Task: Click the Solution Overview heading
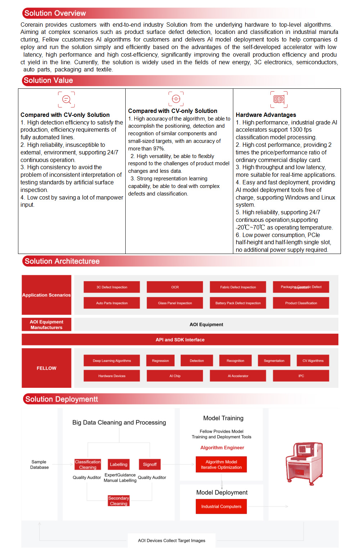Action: click(x=55, y=13)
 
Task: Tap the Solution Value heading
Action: click(x=48, y=80)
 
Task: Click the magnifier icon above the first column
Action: click(x=67, y=99)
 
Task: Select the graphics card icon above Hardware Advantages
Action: click(x=279, y=99)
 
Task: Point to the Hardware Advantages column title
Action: click(x=266, y=115)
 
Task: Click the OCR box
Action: click(x=175, y=287)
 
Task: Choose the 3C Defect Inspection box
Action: click(x=112, y=287)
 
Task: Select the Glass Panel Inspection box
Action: click(x=175, y=303)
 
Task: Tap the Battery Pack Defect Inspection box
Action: click(x=238, y=303)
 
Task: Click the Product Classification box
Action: click(x=301, y=303)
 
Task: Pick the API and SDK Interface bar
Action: click(x=180, y=339)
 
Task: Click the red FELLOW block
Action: click(x=46, y=368)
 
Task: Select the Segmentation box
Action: click(x=274, y=361)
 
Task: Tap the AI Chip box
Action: click(x=175, y=376)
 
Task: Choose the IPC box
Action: click(x=301, y=376)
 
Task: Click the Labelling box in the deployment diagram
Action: click(x=118, y=464)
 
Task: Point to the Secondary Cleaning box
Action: click(x=118, y=501)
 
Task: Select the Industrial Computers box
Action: click(x=221, y=506)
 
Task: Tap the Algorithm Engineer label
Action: click(x=222, y=448)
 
